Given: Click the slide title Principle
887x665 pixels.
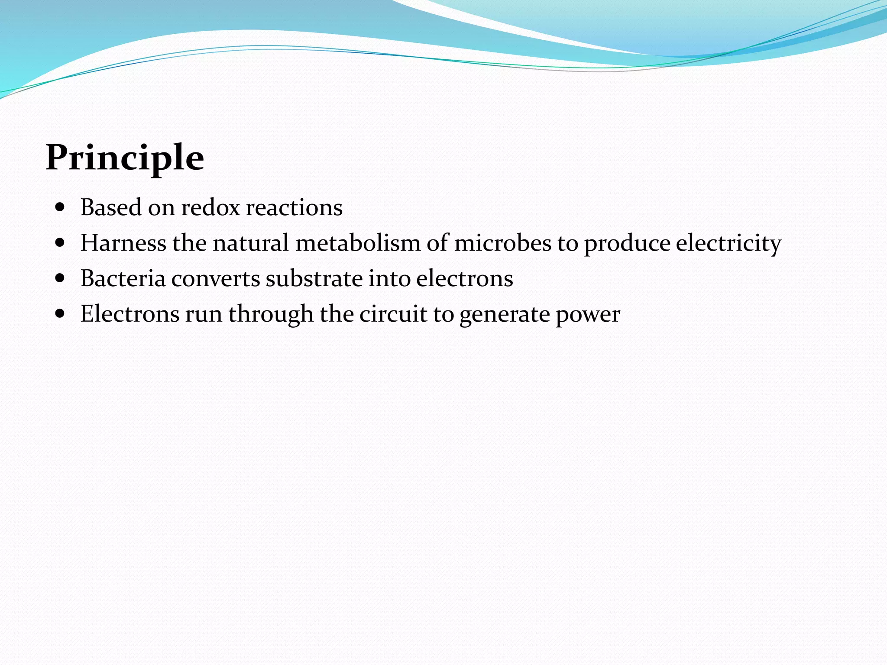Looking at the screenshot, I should click(x=125, y=158).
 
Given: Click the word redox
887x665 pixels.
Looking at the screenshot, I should click(x=210, y=207).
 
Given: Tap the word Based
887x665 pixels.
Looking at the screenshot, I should click(x=111, y=207).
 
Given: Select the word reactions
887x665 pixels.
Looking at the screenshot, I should click(x=294, y=207).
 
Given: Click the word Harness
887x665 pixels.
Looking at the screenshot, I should click(x=123, y=243).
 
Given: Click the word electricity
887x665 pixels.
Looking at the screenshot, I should click(x=728, y=243).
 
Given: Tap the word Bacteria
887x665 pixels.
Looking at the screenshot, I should click(x=123, y=278).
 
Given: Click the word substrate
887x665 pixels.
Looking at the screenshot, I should click(x=314, y=278).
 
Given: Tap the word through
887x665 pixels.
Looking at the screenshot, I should click(x=271, y=314).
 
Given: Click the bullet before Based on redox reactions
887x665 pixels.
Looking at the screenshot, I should click(x=60, y=207).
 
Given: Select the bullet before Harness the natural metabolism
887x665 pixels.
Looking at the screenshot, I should click(x=60, y=243).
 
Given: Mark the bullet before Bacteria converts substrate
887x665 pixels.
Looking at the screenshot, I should click(x=60, y=278).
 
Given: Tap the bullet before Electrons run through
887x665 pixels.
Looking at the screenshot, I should click(x=60, y=314).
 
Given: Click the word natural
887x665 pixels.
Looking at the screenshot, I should click(x=250, y=243).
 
